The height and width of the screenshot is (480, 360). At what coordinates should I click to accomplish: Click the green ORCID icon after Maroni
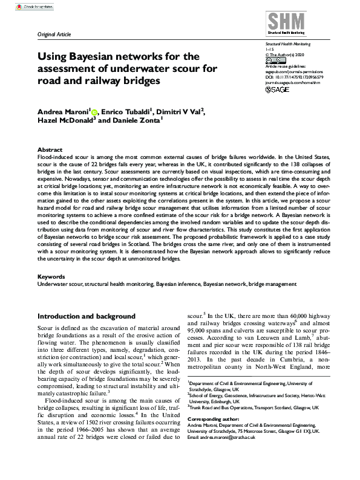(94, 111)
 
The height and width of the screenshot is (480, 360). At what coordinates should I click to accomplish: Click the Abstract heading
(50, 149)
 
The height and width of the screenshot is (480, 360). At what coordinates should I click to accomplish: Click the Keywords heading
(52, 276)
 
